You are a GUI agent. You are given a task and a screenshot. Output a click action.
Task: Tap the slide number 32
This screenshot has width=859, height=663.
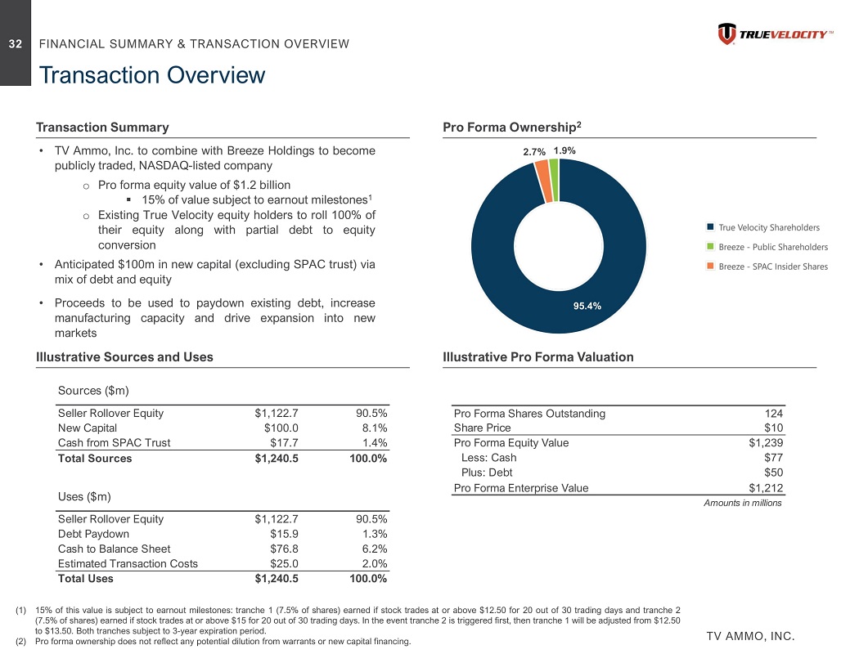point(16,44)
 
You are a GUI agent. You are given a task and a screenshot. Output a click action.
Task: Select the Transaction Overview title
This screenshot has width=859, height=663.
point(151,76)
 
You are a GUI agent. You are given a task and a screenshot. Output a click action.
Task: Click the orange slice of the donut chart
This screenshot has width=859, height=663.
point(541,168)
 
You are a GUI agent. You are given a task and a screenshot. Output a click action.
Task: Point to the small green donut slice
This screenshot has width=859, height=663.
point(554,167)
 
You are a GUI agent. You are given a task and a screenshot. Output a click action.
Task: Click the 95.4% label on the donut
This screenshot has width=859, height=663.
point(587,306)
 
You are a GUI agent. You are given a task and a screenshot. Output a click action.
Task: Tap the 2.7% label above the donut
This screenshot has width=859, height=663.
point(533,152)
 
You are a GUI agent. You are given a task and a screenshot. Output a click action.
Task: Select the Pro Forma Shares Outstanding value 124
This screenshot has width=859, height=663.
point(774,413)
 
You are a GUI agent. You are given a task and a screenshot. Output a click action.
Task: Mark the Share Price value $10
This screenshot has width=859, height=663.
point(774,428)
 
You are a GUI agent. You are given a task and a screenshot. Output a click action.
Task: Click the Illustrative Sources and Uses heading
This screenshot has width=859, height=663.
point(124,357)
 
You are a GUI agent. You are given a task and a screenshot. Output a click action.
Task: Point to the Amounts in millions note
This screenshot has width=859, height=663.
point(743,503)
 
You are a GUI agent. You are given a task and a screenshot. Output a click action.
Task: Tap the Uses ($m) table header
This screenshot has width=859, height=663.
point(85,496)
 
